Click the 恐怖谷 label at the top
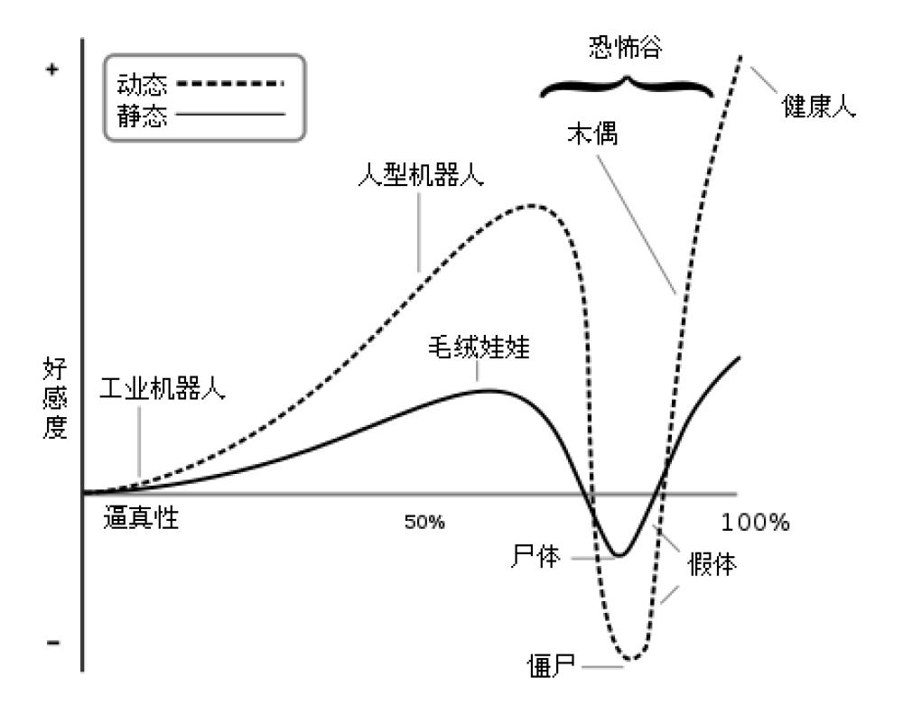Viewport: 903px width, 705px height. [626, 47]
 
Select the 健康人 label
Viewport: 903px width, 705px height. [818, 106]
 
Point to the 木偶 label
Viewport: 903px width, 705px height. [592, 134]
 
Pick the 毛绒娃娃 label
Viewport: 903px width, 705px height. [479, 348]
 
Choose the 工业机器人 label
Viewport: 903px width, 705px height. [163, 388]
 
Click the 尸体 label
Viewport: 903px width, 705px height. [535, 557]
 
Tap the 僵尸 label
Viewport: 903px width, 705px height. [552, 666]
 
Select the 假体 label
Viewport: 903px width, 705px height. [712, 564]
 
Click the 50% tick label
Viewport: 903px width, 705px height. [424, 523]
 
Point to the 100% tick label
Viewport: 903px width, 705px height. [755, 523]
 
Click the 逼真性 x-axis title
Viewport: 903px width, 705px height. [141, 517]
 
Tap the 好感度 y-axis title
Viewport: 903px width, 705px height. [55, 398]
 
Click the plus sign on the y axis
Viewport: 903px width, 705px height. [52, 70]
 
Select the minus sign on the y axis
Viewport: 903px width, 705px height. [53, 643]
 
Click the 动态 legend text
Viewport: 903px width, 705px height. [142, 85]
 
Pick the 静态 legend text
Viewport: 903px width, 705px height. [142, 116]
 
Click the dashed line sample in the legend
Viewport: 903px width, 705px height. [230, 84]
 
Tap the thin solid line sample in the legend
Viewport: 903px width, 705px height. [230, 114]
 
